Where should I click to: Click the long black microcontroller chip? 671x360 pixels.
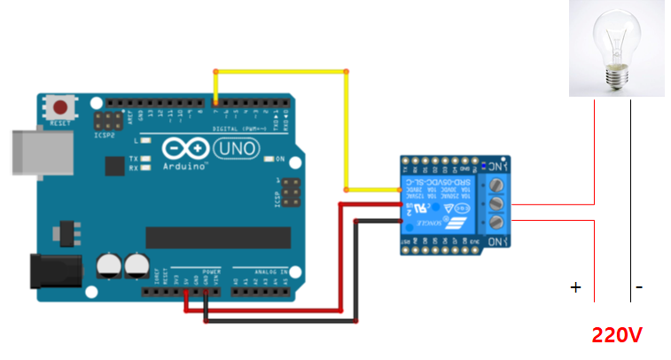pos(218,238)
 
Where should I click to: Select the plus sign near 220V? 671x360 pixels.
pos(575,287)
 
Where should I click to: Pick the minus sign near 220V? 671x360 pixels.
pos(639,287)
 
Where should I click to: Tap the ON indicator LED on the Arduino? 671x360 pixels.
pos(269,160)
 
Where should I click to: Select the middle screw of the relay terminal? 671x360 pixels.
pos(496,202)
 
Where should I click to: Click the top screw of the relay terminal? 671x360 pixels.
pos(496,184)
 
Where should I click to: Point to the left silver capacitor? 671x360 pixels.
pos(109,263)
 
